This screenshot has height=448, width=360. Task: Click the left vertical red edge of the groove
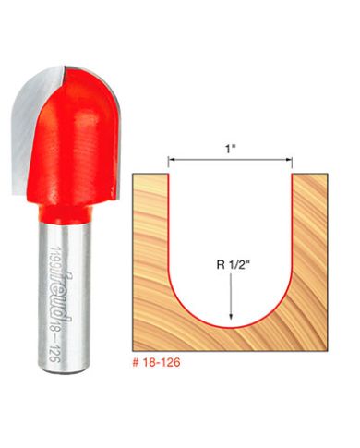pyautogui.click(x=169, y=222)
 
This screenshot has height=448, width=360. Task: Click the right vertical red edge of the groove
pyautogui.click(x=293, y=222)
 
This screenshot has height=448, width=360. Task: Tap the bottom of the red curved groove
pyautogui.click(x=231, y=326)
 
